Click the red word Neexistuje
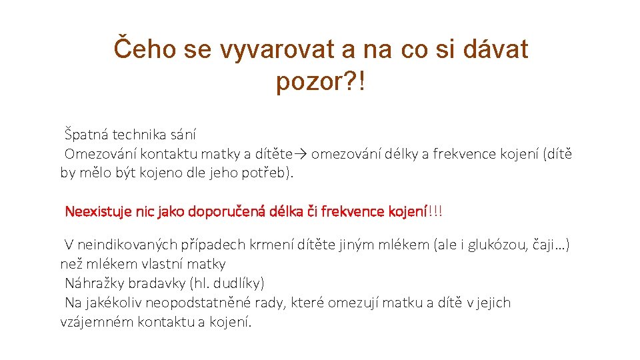pos(97,212)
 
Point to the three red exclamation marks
pos(435,212)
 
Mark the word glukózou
pos(500,245)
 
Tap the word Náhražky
pos(93,283)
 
